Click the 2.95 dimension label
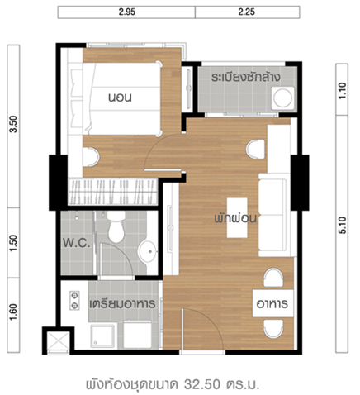(127, 12)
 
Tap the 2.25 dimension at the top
(247, 12)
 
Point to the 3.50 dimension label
(13, 124)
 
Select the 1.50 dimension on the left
(13, 243)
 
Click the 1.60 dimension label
(13, 312)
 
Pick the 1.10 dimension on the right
(342, 91)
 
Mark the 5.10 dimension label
(342, 226)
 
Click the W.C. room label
(76, 243)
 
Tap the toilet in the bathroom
(116, 227)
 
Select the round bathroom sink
(148, 251)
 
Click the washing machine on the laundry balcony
(282, 98)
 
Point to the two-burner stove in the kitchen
(74, 300)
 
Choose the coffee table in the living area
(237, 217)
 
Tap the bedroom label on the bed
(120, 98)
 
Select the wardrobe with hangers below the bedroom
(112, 192)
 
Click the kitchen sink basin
(103, 336)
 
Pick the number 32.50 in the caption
(202, 384)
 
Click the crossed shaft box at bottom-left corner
(58, 341)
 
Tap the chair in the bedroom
(91, 157)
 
